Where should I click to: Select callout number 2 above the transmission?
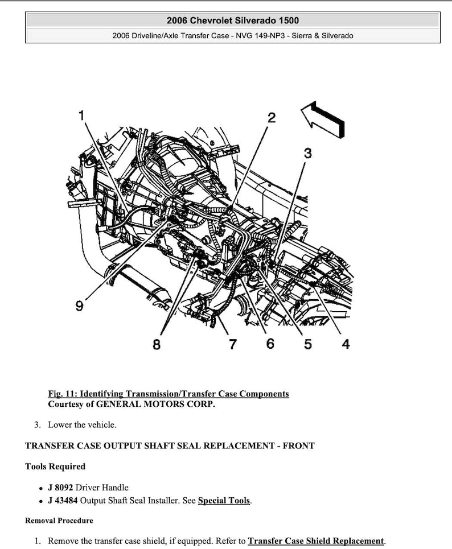pos(272,118)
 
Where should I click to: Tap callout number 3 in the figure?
pos(307,153)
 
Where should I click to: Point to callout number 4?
pos(346,344)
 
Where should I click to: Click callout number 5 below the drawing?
pos(307,344)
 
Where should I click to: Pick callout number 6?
pos(270,344)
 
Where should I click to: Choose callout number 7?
pos(232,344)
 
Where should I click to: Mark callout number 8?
pos(157,344)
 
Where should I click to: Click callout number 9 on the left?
pos(80,306)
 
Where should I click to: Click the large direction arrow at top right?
pos(323,119)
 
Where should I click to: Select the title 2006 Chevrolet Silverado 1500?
pos(232,20)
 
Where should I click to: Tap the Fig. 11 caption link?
pos(169,394)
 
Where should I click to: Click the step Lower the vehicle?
pos(82,424)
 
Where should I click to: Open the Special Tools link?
pos(224,501)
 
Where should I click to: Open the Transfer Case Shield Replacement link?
pos(316,540)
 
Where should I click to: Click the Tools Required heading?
pos(55,467)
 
